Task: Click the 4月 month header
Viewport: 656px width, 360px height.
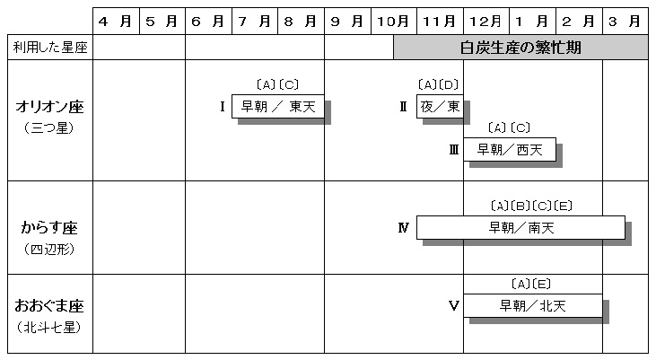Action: (x=116, y=21)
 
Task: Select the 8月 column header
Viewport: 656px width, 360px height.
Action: (x=301, y=21)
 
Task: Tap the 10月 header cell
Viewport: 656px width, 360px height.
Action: (x=393, y=21)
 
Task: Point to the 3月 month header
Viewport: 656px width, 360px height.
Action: (x=625, y=21)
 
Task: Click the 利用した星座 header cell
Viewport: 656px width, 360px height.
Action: (x=50, y=48)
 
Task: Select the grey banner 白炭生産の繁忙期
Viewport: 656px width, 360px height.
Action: (x=520, y=48)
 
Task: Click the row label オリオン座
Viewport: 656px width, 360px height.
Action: (x=49, y=107)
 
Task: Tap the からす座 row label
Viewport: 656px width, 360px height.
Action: (x=49, y=228)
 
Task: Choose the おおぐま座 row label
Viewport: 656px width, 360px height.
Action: (x=49, y=306)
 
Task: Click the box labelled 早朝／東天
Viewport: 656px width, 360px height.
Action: (x=278, y=106)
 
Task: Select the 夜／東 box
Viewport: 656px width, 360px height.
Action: (x=440, y=106)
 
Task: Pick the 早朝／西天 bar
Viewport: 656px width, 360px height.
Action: (x=510, y=149)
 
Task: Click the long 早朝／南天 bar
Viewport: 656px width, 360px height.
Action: (x=520, y=228)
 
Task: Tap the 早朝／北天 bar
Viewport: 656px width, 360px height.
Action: (x=532, y=306)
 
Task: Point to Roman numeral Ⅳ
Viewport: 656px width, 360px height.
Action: (x=403, y=228)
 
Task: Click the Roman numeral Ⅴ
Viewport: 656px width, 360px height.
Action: (x=453, y=306)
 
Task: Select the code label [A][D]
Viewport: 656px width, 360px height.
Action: (x=439, y=85)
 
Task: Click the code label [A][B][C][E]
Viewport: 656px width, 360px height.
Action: (x=531, y=206)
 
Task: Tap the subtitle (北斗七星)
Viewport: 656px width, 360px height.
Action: (x=49, y=327)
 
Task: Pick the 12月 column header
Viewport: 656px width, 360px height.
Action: (x=486, y=21)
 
